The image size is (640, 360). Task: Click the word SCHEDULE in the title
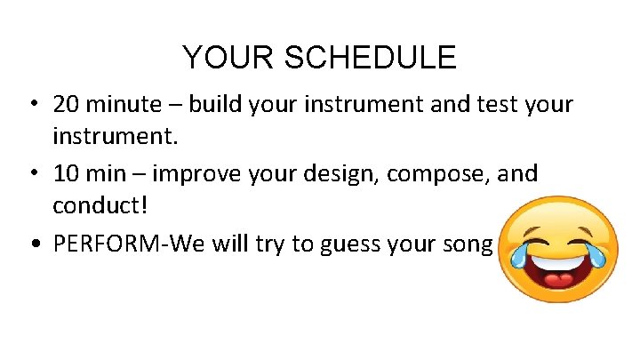tap(370, 58)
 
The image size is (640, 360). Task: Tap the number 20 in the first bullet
tap(66, 105)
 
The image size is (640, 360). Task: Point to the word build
tap(215, 105)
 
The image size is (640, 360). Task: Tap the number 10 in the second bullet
tap(66, 173)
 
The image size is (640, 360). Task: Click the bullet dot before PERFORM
tap(31, 244)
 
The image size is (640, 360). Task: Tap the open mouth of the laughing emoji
tap(556, 270)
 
